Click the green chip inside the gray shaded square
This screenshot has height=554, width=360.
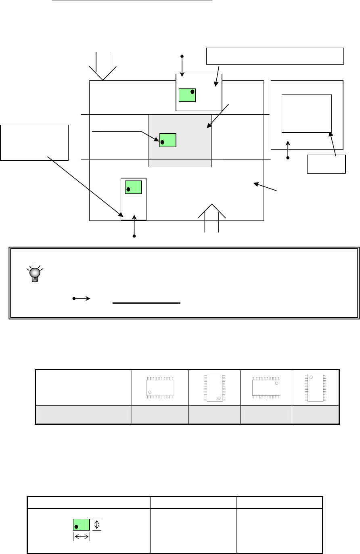(x=167, y=140)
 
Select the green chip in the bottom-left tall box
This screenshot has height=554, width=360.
(x=133, y=187)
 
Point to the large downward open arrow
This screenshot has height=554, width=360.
(x=103, y=67)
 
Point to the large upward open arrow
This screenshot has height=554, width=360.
(x=212, y=218)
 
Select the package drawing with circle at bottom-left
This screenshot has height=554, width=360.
(x=160, y=388)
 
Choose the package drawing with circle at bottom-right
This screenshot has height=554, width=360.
(x=214, y=388)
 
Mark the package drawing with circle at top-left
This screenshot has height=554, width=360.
(x=316, y=388)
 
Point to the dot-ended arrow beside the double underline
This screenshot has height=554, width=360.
(x=81, y=299)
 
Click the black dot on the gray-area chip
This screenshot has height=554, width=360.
(x=162, y=142)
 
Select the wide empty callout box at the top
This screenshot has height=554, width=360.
(x=275, y=56)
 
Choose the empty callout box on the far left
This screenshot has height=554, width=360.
(x=35, y=143)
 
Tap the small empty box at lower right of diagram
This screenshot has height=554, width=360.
(x=326, y=164)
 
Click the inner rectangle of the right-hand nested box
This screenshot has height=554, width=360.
(x=306, y=113)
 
